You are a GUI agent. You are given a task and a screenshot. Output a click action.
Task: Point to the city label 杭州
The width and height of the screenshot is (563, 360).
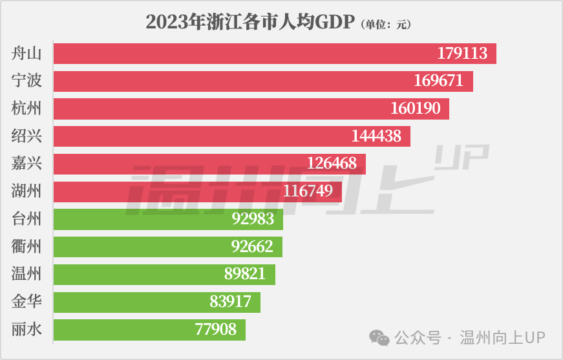(x=27, y=109)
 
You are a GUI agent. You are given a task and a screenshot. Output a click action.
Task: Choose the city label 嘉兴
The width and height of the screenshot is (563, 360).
(x=27, y=164)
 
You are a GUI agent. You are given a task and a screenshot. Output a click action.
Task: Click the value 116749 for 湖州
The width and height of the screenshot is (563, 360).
(x=308, y=191)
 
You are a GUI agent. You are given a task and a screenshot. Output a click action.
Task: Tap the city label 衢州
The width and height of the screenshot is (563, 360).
(x=27, y=246)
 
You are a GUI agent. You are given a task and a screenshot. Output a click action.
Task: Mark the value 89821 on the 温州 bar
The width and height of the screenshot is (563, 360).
(x=244, y=274)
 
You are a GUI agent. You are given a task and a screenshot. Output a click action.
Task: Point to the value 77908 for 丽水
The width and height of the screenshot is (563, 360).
(x=215, y=330)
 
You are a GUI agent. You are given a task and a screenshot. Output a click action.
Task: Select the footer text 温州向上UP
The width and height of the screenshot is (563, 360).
(x=502, y=337)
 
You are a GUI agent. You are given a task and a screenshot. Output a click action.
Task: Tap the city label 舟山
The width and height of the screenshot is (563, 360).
(x=27, y=53)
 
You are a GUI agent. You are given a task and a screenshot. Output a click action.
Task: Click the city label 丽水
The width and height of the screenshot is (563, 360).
(x=27, y=330)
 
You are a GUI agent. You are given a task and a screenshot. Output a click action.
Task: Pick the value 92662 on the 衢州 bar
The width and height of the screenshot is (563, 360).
(x=252, y=246)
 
